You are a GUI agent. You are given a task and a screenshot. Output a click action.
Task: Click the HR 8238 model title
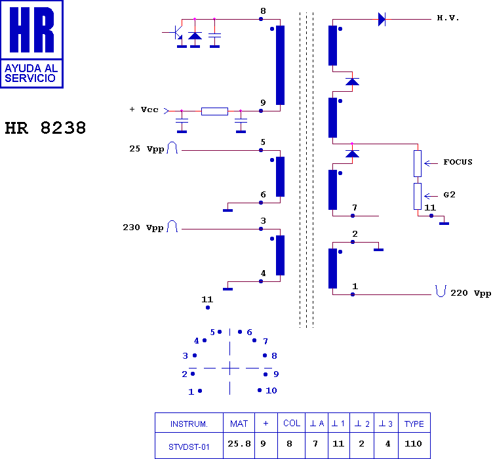[45, 129]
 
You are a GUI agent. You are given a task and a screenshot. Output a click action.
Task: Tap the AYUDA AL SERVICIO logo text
[31, 73]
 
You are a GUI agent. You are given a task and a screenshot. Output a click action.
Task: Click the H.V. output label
[448, 18]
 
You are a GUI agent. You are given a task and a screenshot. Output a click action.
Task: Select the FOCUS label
[458, 162]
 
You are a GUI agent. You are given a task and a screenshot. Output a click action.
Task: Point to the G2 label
[449, 195]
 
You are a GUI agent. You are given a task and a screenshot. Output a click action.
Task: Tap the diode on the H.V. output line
[382, 19]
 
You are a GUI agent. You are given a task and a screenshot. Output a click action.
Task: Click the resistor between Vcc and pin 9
[214, 111]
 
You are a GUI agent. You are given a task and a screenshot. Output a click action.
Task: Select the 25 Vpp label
[146, 149]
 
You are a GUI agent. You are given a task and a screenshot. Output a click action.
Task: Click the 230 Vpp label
[143, 228]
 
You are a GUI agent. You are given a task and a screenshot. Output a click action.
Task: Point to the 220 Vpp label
[471, 293]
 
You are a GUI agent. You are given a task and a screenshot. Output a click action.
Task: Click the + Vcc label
[144, 110]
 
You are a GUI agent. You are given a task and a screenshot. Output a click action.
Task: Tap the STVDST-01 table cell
[189, 447]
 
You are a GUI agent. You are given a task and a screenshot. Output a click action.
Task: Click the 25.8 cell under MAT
[239, 444]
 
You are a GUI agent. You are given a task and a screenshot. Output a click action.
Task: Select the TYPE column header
[414, 424]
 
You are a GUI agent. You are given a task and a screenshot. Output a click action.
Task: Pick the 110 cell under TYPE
[413, 444]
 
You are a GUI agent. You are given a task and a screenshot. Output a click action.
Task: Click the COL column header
[292, 423]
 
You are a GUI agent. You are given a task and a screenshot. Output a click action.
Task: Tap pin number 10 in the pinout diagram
[271, 390]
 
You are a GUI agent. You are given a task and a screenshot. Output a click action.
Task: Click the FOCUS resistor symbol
[418, 163]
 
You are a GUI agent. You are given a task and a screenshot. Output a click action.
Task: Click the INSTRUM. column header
[189, 424]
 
